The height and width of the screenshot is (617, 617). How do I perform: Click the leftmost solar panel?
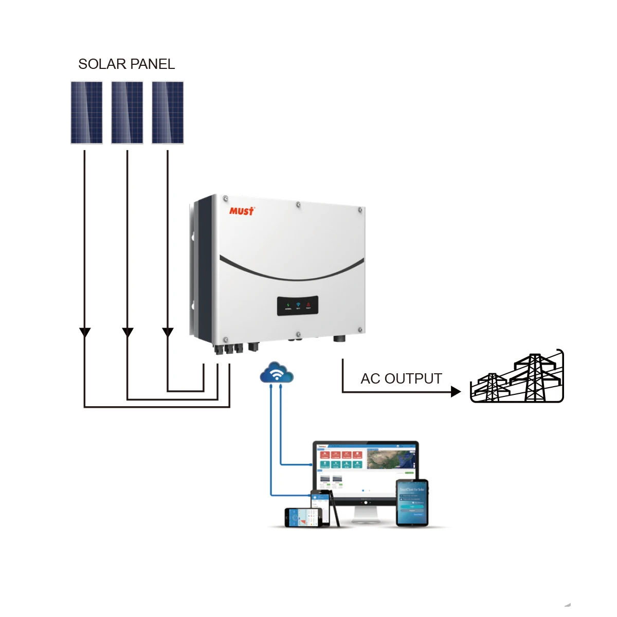86,113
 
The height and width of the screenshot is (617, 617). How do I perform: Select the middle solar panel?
127,113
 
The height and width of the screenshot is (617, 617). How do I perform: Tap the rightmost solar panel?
168,113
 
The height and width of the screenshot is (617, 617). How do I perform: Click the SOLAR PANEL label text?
126,64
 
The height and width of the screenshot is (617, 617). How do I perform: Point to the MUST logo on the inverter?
241,211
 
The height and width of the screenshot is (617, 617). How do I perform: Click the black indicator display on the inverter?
298,305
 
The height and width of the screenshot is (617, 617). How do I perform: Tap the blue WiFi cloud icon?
277,373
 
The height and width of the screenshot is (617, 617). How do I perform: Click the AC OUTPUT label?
401,379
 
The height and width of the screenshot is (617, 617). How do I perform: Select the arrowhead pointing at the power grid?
456,392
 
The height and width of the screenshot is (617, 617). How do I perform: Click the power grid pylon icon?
517,378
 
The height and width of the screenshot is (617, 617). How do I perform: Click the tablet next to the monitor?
412,503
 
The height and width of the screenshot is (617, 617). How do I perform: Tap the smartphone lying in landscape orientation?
307,518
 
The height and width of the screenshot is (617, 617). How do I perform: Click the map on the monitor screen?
391,459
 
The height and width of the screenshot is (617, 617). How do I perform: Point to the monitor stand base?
366,519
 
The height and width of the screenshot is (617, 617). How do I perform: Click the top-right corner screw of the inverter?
360,210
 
